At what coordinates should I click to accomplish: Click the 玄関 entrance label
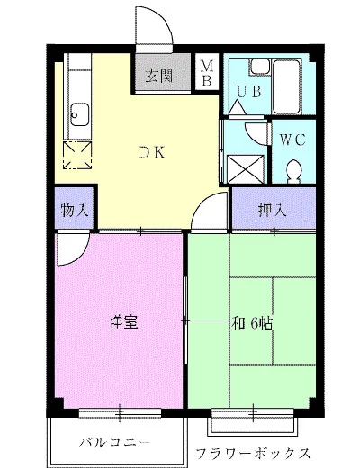pyautogui.click(x=159, y=76)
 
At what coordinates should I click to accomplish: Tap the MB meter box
pyautogui.click(x=207, y=71)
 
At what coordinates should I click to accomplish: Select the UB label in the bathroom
pyautogui.click(x=248, y=92)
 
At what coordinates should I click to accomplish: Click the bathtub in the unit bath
pyautogui.click(x=286, y=86)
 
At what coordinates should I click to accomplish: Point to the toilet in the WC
pyautogui.click(x=293, y=171)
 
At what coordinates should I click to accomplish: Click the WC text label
pyautogui.click(x=292, y=140)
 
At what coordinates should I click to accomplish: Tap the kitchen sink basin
pyautogui.click(x=80, y=114)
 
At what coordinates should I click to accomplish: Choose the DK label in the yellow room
pyautogui.click(x=152, y=152)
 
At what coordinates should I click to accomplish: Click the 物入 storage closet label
pyautogui.click(x=75, y=210)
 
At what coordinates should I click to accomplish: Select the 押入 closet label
pyautogui.click(x=273, y=210)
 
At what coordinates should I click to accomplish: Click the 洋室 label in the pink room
pyautogui.click(x=124, y=322)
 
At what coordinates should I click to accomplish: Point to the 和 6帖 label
pyautogui.click(x=252, y=323)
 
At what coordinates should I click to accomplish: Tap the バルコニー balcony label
pyautogui.click(x=115, y=443)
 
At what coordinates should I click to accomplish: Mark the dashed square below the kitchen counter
pyautogui.click(x=77, y=155)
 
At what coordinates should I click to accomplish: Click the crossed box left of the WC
pyautogui.click(x=246, y=169)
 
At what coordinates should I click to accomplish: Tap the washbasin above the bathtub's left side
pyautogui.click(x=260, y=67)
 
